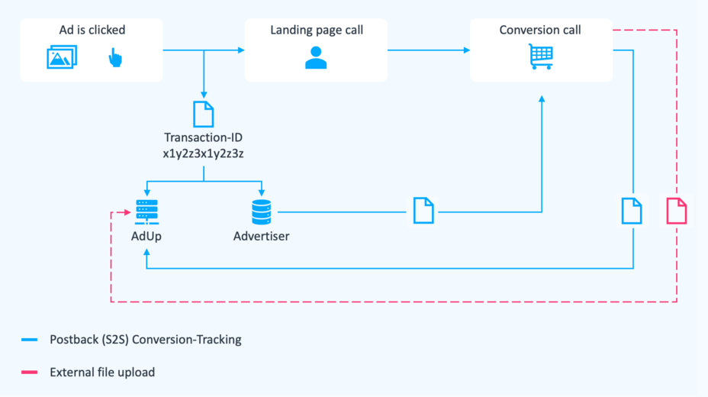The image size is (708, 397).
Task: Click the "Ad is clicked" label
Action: pos(92,30)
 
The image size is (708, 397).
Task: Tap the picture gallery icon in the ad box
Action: pos(62,57)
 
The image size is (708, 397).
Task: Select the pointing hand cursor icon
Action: pos(114,57)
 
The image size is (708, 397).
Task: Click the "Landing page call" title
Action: pos(316,30)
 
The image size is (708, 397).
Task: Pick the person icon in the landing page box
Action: pos(316,57)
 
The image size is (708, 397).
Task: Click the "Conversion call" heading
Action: pos(540,30)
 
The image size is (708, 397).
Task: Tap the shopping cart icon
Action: pos(540,56)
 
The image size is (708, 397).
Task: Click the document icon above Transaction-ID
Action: pos(204,114)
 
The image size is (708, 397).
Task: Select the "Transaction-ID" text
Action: pos(204,138)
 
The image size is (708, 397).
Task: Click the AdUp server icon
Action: pos(146,211)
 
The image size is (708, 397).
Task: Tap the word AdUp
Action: pos(146,236)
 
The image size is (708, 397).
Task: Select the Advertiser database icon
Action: pos(262,211)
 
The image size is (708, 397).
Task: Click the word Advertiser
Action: pos(262,236)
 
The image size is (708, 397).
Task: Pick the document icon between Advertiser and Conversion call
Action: pos(423,211)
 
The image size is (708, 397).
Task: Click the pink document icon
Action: pos(677,211)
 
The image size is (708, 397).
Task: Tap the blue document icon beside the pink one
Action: pos(632,211)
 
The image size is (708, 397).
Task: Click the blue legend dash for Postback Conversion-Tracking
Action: pos(30,340)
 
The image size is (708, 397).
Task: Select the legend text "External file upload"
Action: pos(102,373)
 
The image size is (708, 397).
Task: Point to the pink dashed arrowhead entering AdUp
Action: pos(129,212)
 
